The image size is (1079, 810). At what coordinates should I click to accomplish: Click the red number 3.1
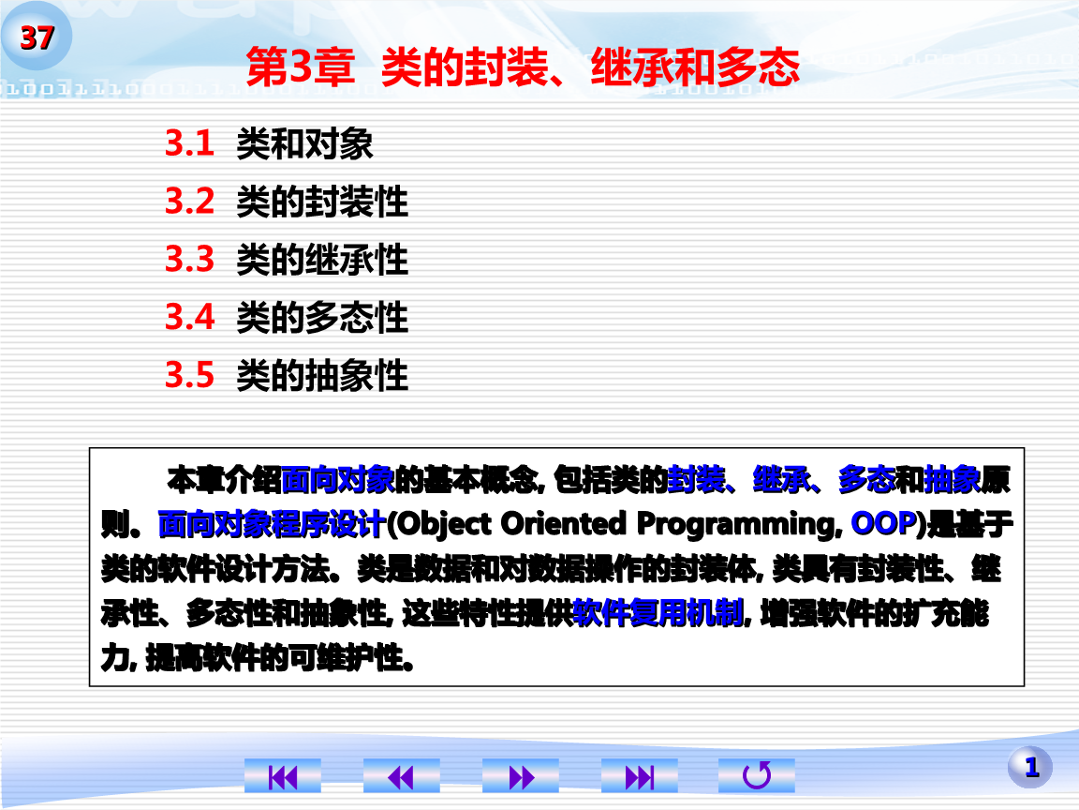[x=190, y=143]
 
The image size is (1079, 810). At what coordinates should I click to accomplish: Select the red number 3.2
[x=190, y=202]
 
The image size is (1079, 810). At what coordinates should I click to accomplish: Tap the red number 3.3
[x=190, y=260]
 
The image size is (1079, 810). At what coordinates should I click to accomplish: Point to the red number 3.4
[x=190, y=318]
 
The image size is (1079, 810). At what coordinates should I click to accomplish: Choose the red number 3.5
[x=190, y=376]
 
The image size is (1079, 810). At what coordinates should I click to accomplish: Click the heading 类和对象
[x=304, y=144]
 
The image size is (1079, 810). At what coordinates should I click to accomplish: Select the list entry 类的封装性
[x=322, y=202]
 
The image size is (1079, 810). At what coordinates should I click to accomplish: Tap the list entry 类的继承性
[x=322, y=261]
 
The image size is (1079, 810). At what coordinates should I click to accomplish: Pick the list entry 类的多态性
[x=322, y=319]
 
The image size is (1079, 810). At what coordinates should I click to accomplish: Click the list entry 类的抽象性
[x=322, y=377]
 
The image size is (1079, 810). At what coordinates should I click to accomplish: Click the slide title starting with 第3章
[x=522, y=68]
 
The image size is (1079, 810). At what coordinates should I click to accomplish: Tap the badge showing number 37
[x=37, y=38]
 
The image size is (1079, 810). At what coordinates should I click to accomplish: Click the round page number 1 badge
[x=1030, y=768]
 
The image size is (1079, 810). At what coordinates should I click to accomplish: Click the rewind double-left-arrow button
[x=401, y=776]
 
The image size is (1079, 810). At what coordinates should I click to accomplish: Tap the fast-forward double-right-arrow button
[x=520, y=776]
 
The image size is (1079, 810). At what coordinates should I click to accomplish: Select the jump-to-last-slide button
[x=639, y=776]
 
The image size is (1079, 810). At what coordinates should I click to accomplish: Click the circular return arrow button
[x=757, y=776]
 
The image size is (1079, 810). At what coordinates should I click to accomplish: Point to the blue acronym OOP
[x=882, y=523]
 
